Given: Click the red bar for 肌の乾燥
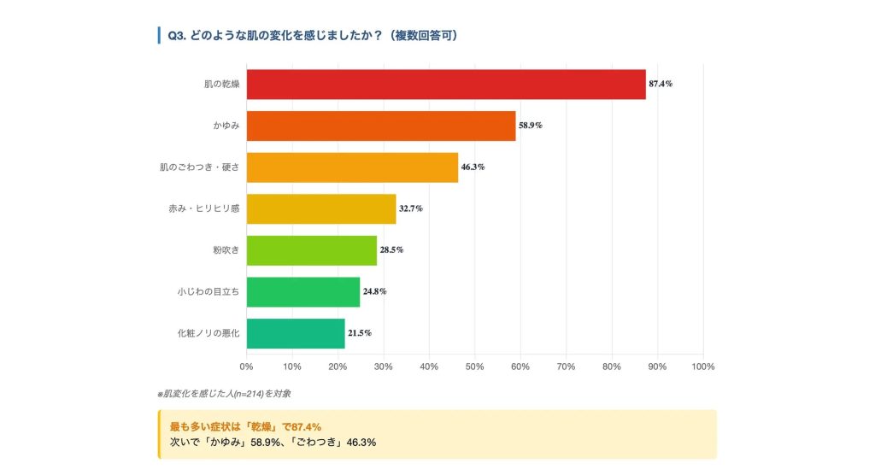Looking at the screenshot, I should coord(445,84).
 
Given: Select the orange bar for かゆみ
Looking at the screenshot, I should coord(381,126).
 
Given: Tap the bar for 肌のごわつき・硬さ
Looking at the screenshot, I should coord(352,167).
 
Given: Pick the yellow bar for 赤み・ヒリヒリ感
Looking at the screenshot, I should coord(321,208).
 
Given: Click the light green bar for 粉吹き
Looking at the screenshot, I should coord(311,249).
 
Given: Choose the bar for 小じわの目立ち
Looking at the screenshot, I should coord(302,291).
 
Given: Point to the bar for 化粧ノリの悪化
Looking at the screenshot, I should coord(295,332).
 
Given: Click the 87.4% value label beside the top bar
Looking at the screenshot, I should coord(661,84).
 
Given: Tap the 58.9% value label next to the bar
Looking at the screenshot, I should coord(531,126).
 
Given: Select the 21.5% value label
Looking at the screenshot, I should coord(360,333).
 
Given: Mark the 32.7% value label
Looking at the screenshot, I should coord(411,208).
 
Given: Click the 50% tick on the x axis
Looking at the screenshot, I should coord(474,367).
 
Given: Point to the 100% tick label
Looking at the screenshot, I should coord(702,367).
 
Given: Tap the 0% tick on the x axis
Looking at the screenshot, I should coord(246,367).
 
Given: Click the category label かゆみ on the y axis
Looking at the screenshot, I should coord(226,126).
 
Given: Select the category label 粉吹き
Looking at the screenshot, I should coord(226,249).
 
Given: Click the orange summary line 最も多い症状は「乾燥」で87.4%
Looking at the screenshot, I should coord(245,425).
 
